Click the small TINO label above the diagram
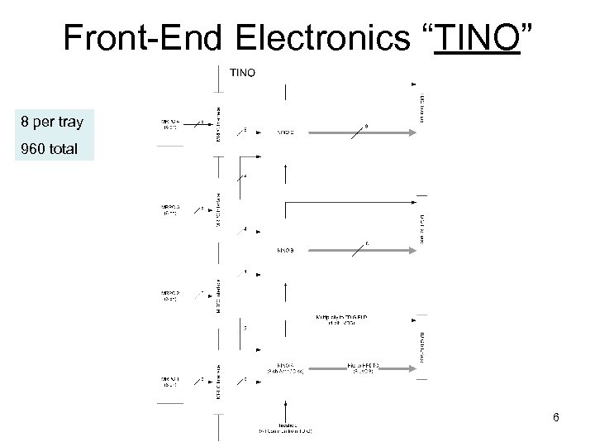242,73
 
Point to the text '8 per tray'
52,123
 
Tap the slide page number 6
556,417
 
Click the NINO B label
285,250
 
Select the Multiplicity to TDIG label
341,319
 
